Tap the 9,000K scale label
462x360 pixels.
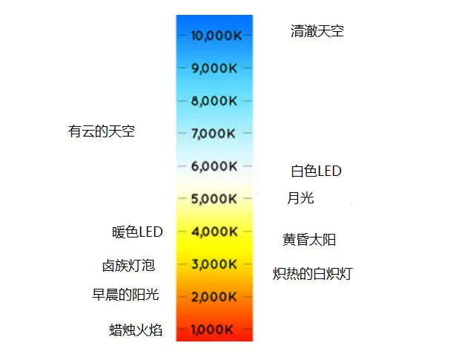[x=214, y=68]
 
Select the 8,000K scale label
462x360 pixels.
[x=214, y=101]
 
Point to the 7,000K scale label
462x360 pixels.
[x=214, y=134]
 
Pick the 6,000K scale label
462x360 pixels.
[x=214, y=166]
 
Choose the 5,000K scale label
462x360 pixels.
[x=214, y=199]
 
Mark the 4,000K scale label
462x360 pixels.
[x=214, y=232]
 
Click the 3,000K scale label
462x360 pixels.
[x=214, y=264]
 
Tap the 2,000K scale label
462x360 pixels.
[x=214, y=297]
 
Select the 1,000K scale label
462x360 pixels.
[x=214, y=330]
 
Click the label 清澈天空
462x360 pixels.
[x=317, y=31]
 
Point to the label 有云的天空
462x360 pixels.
[x=102, y=131]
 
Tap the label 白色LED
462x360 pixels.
[x=316, y=171]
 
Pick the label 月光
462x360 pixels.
[x=300, y=198]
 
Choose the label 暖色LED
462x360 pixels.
[x=137, y=232]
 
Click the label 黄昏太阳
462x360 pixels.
[x=309, y=240]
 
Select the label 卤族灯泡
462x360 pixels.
[x=128, y=265]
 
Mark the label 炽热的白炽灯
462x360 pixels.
[x=312, y=273]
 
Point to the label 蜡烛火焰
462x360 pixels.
[x=136, y=330]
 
